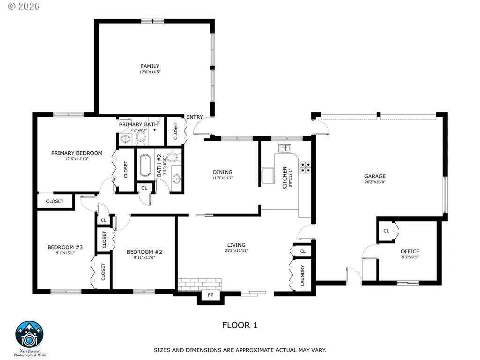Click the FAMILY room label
click(150, 66)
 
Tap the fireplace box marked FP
click(210, 295)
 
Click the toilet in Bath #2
click(173, 157)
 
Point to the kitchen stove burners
click(305, 167)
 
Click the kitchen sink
click(285, 148)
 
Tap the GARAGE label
click(375, 176)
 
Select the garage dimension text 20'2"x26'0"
click(375, 182)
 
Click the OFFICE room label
click(410, 251)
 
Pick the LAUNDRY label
click(303, 276)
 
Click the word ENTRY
click(195, 117)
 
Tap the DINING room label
click(222, 172)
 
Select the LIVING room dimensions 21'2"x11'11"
click(236, 250)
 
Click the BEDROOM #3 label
click(65, 247)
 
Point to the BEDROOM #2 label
click(144, 252)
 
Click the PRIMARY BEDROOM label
click(77, 153)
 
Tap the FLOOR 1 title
click(240, 325)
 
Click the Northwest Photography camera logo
click(30, 335)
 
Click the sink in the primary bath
click(126, 140)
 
